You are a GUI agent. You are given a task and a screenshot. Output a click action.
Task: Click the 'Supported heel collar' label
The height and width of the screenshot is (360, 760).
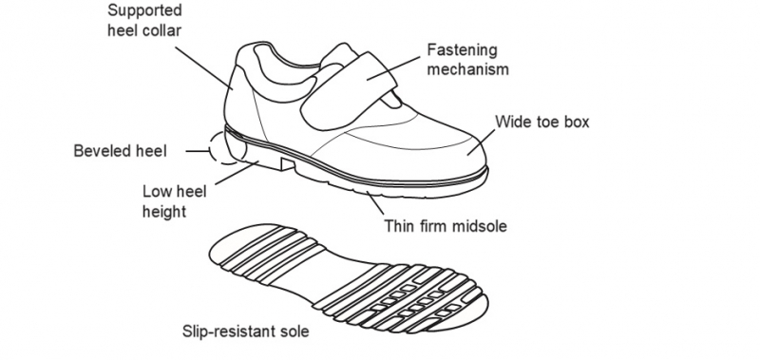click(x=144, y=20)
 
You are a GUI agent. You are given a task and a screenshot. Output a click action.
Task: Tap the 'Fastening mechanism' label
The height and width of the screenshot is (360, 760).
click(x=467, y=60)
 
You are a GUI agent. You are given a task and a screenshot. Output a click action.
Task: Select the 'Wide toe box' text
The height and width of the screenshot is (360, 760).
click(x=541, y=122)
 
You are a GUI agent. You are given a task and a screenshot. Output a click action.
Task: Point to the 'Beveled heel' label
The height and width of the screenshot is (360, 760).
click(x=121, y=151)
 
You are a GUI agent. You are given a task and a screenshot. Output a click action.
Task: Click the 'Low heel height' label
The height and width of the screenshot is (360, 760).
click(x=174, y=201)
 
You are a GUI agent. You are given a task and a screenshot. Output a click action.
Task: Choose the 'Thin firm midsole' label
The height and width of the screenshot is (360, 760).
click(x=446, y=226)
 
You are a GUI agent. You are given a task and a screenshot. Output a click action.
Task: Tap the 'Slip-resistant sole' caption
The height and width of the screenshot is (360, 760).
click(x=245, y=332)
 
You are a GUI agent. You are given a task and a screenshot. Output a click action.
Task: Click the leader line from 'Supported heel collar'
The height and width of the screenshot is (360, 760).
click(x=204, y=67)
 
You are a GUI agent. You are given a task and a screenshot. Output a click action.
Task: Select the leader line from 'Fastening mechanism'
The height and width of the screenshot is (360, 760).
click(x=393, y=68)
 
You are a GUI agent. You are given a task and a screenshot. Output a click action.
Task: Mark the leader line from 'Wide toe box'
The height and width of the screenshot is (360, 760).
click(x=482, y=142)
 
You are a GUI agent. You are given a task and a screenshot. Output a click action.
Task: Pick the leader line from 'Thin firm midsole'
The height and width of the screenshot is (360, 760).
click(x=375, y=203)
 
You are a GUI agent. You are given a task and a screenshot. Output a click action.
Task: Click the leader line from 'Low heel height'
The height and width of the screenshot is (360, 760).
click(x=237, y=173)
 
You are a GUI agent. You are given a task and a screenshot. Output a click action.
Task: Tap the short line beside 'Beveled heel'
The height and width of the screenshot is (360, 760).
click(x=198, y=151)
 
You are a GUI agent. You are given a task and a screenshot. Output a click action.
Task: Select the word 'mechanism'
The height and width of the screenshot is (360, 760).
click(x=467, y=69)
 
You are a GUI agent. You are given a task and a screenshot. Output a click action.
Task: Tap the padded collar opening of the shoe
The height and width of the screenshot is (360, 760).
click(x=286, y=73)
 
